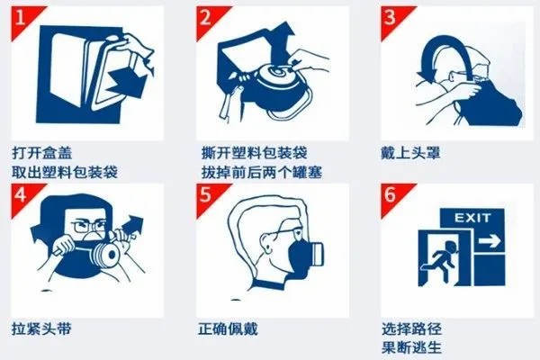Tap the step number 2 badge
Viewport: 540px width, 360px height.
pos(208,17)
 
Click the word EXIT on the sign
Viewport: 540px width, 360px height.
pos(472,219)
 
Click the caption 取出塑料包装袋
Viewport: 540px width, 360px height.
pos(64,170)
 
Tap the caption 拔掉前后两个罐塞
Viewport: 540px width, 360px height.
pos(261,170)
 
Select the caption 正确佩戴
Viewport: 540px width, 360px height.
pos(224,328)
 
